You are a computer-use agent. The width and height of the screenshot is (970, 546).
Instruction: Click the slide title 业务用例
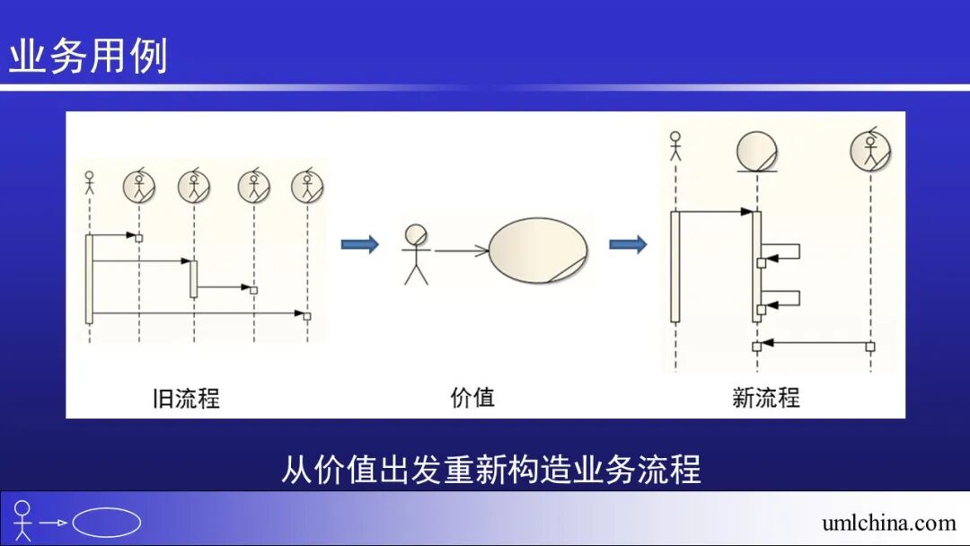tap(88, 57)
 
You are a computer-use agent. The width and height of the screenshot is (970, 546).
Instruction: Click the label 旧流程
tap(186, 397)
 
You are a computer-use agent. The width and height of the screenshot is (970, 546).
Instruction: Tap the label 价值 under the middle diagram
tap(472, 396)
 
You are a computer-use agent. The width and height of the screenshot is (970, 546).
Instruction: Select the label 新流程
tap(765, 397)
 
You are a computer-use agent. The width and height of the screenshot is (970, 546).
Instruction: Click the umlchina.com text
tap(888, 523)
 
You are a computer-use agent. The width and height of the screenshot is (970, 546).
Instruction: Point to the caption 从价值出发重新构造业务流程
tap(490, 470)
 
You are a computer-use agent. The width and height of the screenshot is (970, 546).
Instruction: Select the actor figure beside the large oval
tap(416, 253)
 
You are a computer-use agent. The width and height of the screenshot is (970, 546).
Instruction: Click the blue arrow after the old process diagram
tap(359, 244)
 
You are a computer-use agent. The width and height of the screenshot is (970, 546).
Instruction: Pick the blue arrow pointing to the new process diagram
tap(628, 244)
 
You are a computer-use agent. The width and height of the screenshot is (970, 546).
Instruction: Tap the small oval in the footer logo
tap(106, 523)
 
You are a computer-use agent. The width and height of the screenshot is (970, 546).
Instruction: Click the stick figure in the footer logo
tap(22, 521)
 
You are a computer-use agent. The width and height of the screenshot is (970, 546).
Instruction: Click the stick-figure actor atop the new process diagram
tap(675, 146)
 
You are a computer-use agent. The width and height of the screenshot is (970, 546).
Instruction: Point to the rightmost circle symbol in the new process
tap(869, 151)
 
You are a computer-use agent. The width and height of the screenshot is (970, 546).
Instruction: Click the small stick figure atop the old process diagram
tap(89, 183)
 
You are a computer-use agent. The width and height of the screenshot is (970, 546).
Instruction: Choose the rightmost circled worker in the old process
tap(307, 187)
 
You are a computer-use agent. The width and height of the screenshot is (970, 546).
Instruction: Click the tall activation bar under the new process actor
tap(675, 266)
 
